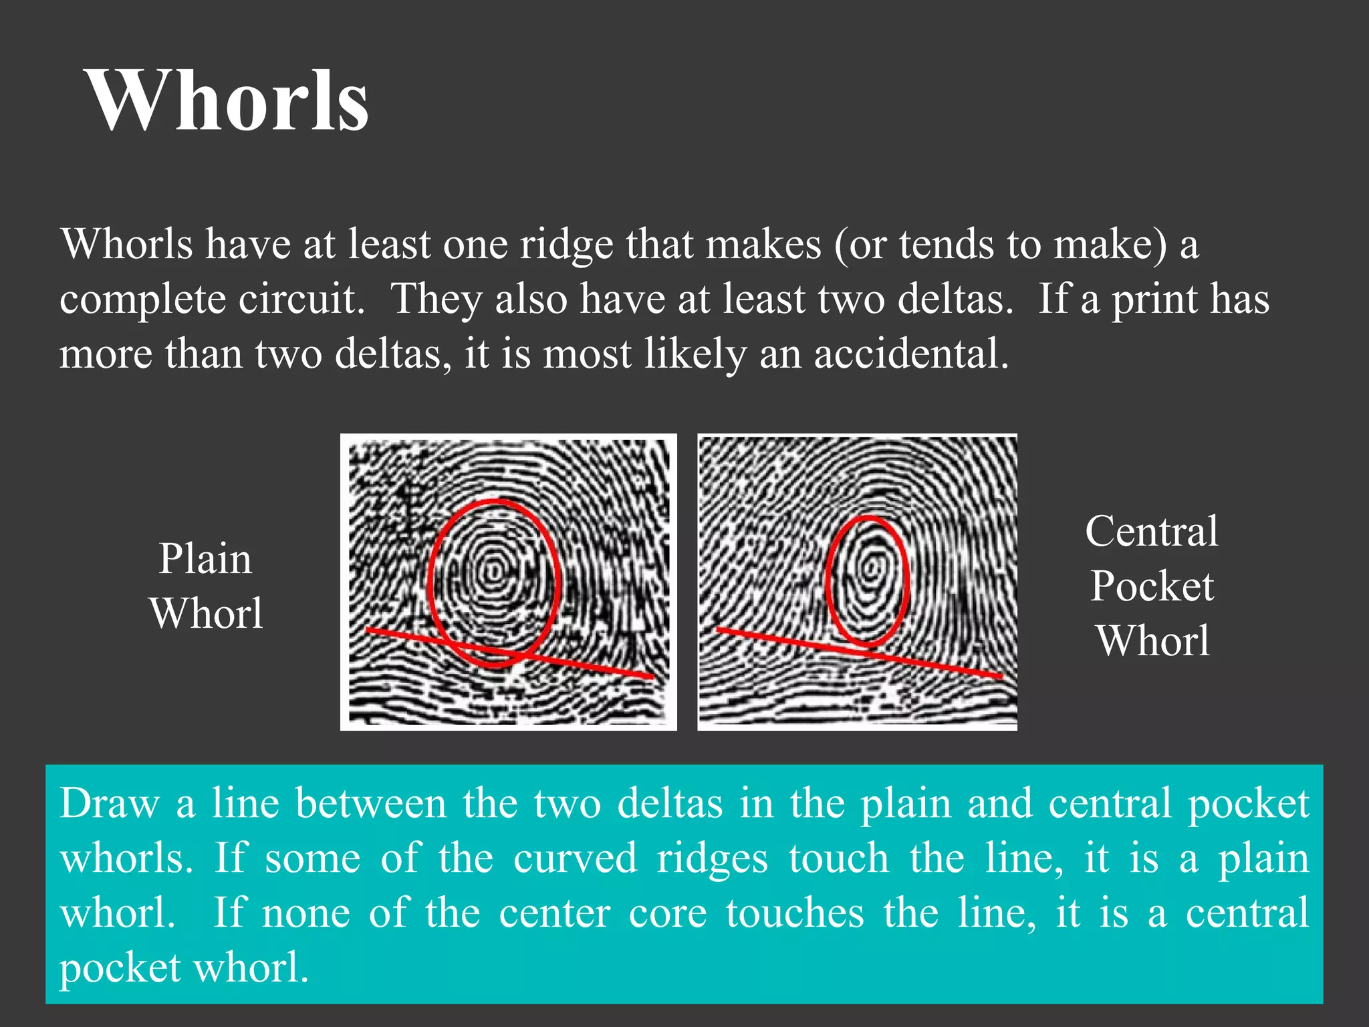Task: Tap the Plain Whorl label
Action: click(206, 586)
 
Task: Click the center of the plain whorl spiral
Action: click(494, 572)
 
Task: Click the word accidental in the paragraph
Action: click(910, 354)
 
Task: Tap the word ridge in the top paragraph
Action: click(566, 245)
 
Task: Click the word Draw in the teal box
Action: click(109, 803)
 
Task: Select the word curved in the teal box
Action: click(575, 859)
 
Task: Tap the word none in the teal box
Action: click(305, 913)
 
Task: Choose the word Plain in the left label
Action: click(205, 559)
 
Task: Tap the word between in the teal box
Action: click(370, 803)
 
